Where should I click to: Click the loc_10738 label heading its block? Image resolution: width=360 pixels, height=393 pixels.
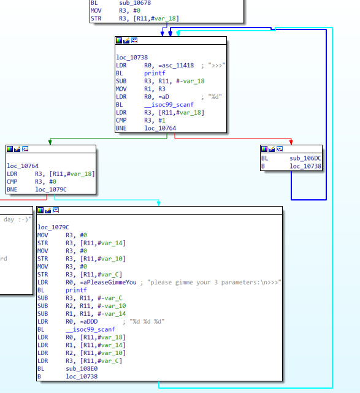pos(132,58)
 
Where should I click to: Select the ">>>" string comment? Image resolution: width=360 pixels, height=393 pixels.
pos(216,66)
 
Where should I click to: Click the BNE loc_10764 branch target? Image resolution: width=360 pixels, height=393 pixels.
pos(160,128)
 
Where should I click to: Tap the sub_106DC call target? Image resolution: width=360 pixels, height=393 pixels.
pos(305,158)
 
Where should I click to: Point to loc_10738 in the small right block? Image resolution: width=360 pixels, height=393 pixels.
pos(305,166)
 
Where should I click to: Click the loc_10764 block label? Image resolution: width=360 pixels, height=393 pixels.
pos(23,166)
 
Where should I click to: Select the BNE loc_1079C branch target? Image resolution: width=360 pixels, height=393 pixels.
pos(51,189)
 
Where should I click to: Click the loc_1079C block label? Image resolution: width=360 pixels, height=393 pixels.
pos(53,227)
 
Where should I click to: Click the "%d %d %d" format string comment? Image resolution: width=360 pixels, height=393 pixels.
pos(147,321)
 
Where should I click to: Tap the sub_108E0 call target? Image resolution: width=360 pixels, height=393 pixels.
pos(82,368)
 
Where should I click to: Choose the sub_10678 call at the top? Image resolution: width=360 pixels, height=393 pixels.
pos(135,3)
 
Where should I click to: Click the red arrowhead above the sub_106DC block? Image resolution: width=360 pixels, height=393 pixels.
pos(291,142)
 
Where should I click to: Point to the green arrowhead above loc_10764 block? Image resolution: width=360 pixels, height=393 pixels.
pos(50,142)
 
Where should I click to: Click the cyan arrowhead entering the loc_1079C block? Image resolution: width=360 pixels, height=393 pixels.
pos(159,204)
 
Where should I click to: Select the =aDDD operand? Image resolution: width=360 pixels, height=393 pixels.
pos(89,321)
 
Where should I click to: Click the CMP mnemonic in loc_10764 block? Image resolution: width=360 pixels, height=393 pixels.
pos(12,181)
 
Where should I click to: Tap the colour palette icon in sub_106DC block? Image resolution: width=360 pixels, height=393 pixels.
pos(264,149)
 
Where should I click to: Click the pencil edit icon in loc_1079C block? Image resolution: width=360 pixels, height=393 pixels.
pos(48,210)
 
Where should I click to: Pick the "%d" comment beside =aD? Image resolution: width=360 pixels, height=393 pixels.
pos(215,96)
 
